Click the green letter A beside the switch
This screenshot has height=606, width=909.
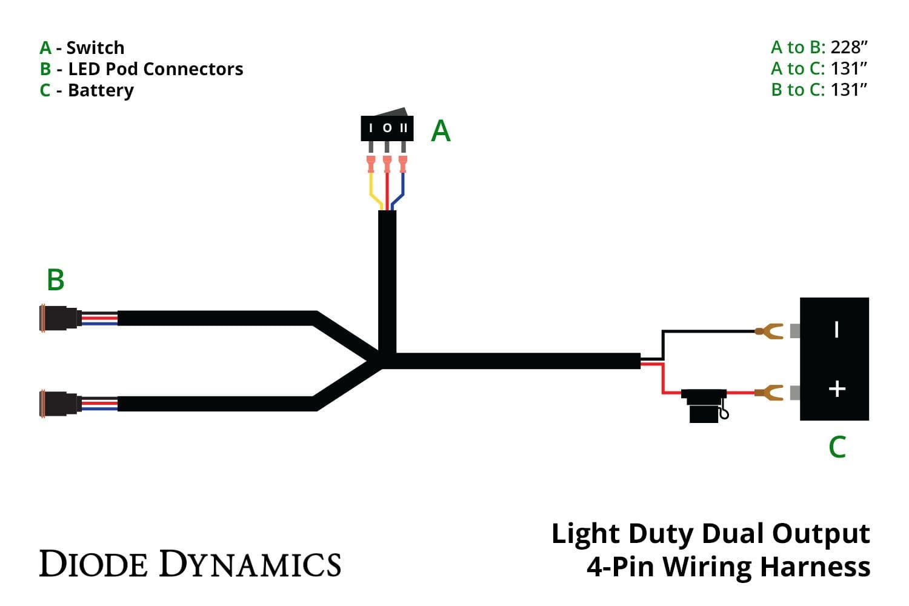pos(441,131)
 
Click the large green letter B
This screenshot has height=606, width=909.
pos(55,280)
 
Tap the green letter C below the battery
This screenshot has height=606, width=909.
pos(837,447)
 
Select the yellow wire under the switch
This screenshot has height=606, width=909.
pos(373,190)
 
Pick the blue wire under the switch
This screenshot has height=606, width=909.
pos(401,190)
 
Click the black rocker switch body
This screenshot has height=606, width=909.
pos(387,127)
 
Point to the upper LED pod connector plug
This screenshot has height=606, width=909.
pos(59,318)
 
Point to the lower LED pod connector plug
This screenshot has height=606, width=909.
pos(59,403)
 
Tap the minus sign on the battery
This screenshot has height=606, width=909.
pos(837,330)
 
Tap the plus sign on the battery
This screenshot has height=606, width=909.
pos(837,388)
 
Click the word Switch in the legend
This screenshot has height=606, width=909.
pos(95,48)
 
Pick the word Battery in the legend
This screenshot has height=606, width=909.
pos(101,90)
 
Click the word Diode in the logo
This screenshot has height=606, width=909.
pos(93,564)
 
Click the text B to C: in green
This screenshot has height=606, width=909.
pos(797,90)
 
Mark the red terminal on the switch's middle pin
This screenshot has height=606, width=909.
pos(387,164)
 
